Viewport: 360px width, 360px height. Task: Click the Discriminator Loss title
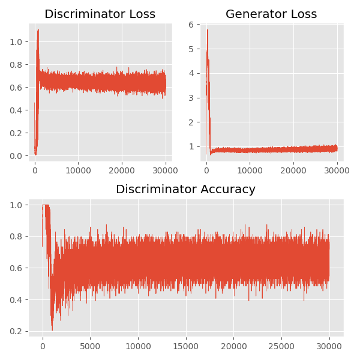(x=100, y=14)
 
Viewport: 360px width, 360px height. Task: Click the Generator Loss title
(x=271, y=14)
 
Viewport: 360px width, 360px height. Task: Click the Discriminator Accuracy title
(x=185, y=190)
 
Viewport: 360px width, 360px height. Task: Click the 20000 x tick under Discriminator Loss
(x=122, y=170)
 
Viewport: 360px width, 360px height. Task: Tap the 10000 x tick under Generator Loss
(x=250, y=170)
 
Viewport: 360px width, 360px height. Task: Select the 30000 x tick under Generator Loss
(x=337, y=170)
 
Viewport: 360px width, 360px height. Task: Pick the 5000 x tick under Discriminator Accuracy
(x=90, y=346)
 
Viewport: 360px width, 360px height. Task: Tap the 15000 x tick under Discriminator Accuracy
(x=185, y=346)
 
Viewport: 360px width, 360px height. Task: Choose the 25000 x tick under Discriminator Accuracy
(x=281, y=346)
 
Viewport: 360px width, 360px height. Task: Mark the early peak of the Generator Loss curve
(x=208, y=29)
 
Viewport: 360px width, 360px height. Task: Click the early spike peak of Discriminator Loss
(x=38, y=29)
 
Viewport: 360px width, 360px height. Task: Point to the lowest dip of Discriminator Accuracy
(x=52, y=330)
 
